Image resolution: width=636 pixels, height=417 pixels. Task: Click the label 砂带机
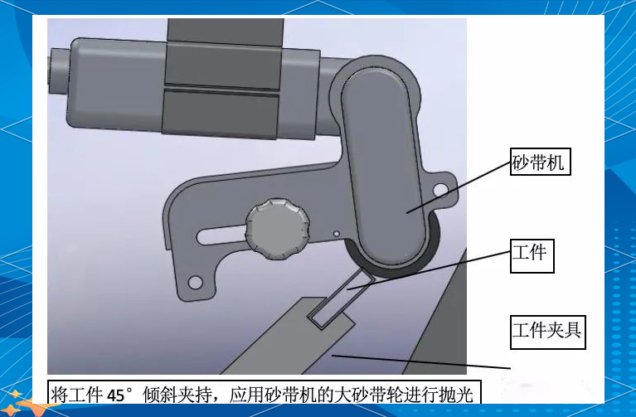[538, 162]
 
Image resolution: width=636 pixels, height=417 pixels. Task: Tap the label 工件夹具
[546, 332]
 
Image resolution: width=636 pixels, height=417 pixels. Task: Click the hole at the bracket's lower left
[195, 283]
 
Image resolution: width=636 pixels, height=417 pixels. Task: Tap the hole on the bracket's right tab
[440, 192]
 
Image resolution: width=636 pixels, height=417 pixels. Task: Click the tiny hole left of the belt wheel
[337, 234]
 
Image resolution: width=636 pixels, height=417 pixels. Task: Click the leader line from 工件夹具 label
[423, 361]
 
